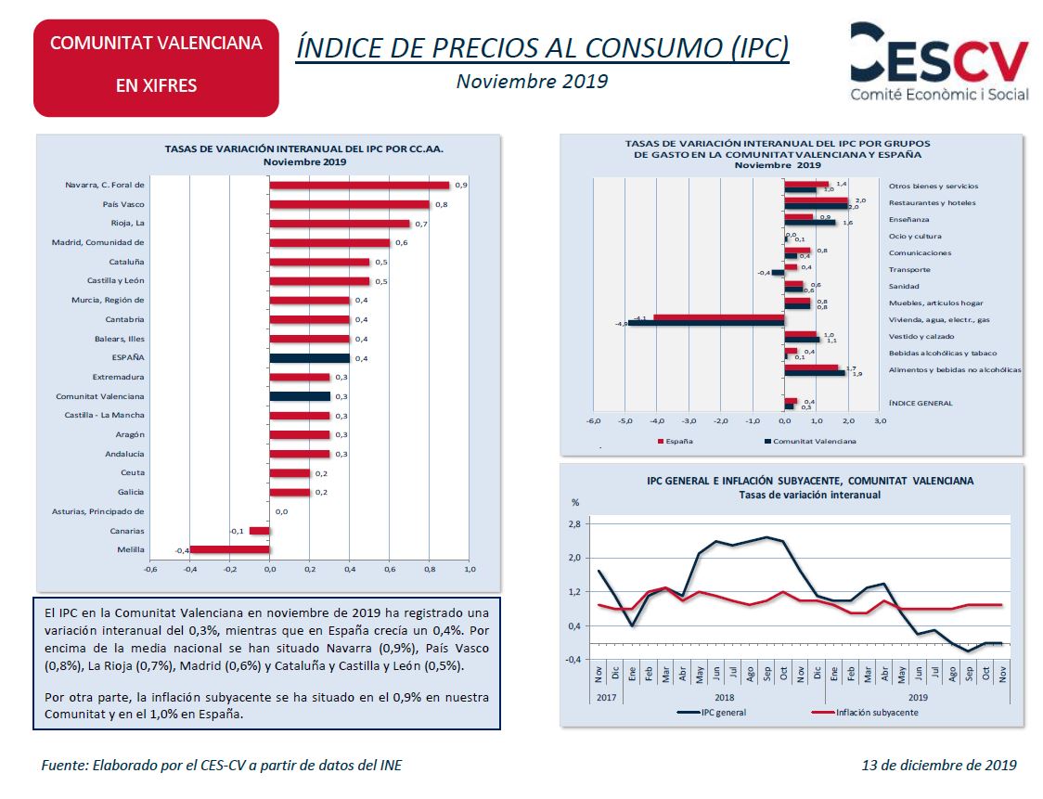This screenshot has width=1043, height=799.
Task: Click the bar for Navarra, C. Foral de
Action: (x=359, y=186)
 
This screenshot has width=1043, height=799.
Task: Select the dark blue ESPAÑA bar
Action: (x=309, y=358)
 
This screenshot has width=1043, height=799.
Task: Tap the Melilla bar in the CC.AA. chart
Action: (x=229, y=550)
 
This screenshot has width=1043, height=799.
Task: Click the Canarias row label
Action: (x=126, y=531)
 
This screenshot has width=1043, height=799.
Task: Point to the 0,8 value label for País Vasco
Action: (x=441, y=204)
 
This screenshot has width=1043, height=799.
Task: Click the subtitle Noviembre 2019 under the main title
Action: (x=532, y=81)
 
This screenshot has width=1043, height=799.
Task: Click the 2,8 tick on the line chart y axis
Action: (x=574, y=524)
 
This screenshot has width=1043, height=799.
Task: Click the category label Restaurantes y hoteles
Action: (x=932, y=203)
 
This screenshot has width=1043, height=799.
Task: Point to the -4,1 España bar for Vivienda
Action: (x=718, y=317)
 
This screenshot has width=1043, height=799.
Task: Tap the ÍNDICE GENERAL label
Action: (x=921, y=403)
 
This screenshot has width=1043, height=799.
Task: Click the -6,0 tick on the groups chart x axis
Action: (x=592, y=420)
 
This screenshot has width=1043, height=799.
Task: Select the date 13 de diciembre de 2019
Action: (x=938, y=766)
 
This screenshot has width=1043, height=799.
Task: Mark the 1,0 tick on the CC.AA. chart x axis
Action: (x=469, y=569)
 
